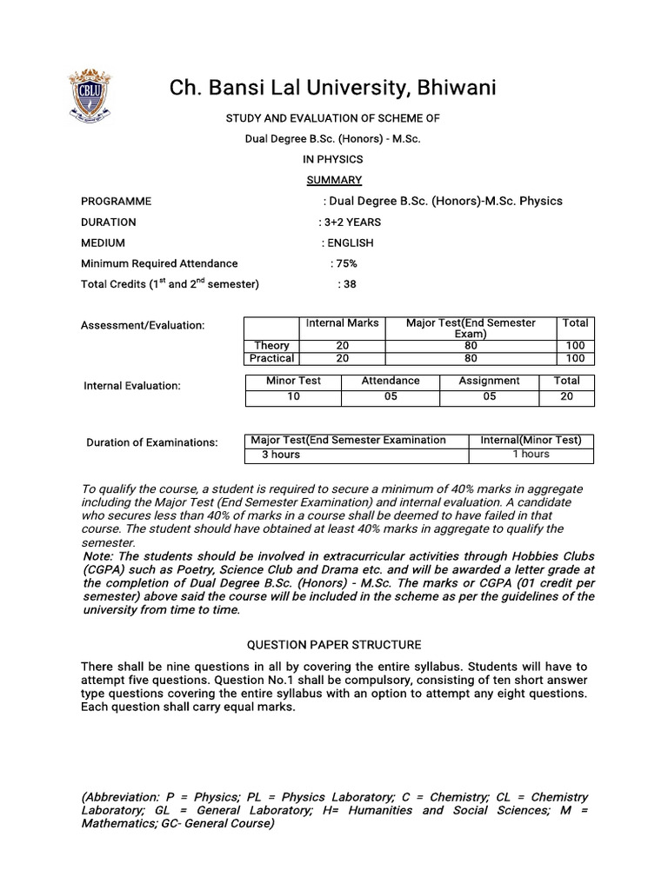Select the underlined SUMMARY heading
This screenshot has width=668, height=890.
coord(334,180)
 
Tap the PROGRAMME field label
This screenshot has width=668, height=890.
coord(116,201)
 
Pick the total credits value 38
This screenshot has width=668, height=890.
coord(347,284)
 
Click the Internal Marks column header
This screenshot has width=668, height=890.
coord(342,322)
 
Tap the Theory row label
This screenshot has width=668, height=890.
coord(271,345)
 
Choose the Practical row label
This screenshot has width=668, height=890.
coord(271,358)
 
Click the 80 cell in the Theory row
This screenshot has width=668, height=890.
coord(471,345)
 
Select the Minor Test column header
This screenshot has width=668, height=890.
coord(293,381)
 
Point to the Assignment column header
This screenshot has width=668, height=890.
coord(489,381)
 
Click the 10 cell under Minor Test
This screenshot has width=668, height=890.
coord(293,396)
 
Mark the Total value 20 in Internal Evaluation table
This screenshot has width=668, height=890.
coord(566,396)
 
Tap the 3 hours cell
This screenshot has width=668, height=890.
coord(281,455)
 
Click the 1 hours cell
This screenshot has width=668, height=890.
coord(531,455)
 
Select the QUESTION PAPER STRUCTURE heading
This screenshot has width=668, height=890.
coord(334,645)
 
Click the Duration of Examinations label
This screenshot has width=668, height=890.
coord(152,442)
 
